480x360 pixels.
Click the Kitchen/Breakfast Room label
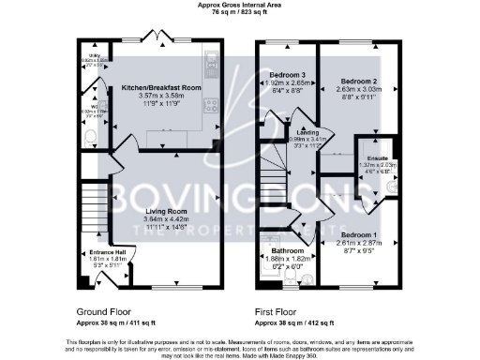[162, 87]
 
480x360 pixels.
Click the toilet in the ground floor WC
[90, 139]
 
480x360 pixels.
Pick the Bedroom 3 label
[288, 75]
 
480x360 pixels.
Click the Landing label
[307, 134]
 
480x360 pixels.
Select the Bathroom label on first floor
[288, 251]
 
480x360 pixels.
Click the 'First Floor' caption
[276, 309]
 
